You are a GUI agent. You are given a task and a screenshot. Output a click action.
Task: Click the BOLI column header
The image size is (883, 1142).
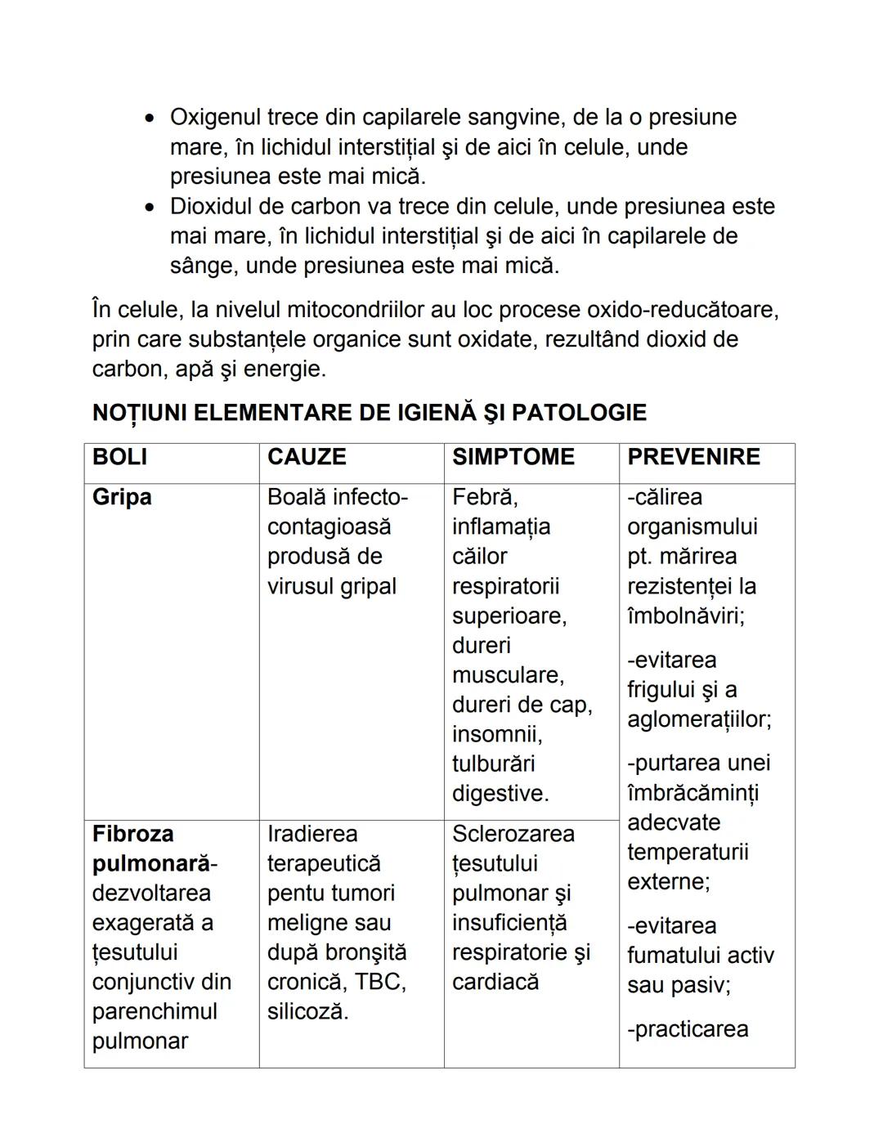(x=119, y=457)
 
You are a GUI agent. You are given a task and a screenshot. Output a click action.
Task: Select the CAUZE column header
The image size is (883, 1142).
(x=307, y=457)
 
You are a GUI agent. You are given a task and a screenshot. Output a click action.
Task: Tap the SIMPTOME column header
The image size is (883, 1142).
(x=513, y=457)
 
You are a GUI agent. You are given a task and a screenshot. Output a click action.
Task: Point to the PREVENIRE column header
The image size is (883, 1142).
(x=693, y=457)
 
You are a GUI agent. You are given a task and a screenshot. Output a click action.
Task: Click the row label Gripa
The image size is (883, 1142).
(x=122, y=497)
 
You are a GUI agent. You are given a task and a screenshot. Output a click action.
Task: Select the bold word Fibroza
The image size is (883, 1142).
(x=132, y=834)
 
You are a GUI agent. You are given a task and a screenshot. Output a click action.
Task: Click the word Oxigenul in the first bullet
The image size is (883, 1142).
(x=215, y=118)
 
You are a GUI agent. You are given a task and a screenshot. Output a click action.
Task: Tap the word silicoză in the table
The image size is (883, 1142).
(x=307, y=1011)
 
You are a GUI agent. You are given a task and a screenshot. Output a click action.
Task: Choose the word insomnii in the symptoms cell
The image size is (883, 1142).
(x=496, y=734)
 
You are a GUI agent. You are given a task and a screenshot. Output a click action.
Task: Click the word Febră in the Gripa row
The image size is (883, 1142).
(x=485, y=497)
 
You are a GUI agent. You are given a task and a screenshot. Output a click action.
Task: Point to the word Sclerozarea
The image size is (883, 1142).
(x=513, y=834)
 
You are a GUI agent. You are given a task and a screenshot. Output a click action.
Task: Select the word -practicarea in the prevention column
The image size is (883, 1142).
(x=687, y=1028)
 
